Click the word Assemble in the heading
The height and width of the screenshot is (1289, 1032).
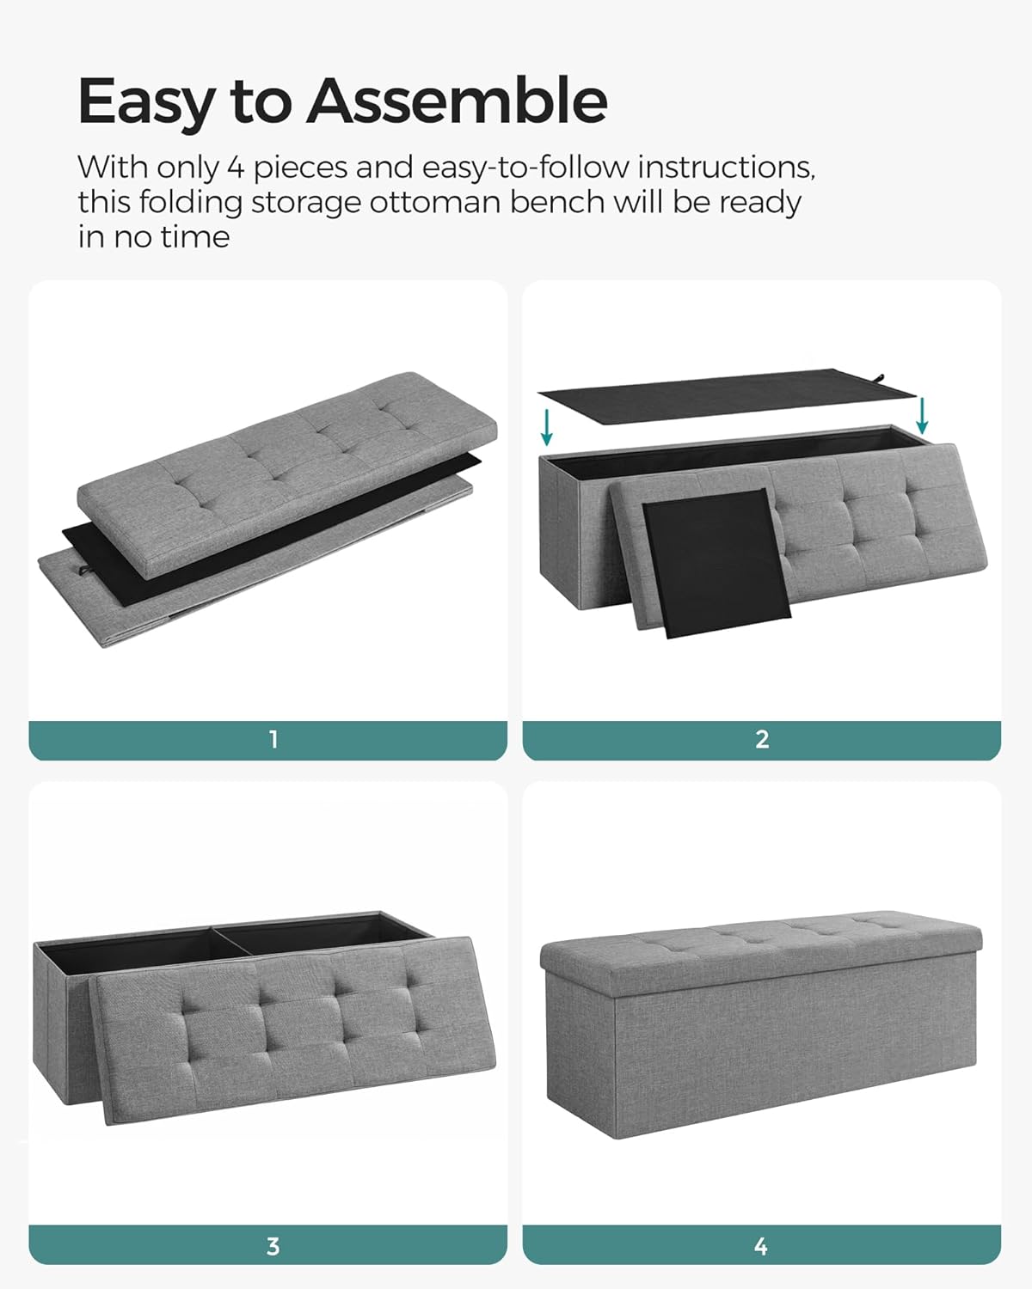(x=458, y=101)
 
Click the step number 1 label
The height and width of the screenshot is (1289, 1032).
(x=273, y=739)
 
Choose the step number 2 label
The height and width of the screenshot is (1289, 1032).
(x=762, y=739)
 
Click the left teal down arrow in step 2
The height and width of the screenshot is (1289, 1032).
(x=546, y=428)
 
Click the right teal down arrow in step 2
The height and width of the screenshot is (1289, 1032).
(x=922, y=415)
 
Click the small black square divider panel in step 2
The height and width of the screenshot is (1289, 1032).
(x=716, y=564)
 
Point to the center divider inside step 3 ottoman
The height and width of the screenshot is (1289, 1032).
(x=230, y=942)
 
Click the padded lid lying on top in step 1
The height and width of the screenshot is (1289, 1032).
(x=287, y=473)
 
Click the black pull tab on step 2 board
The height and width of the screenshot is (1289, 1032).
(x=880, y=378)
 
